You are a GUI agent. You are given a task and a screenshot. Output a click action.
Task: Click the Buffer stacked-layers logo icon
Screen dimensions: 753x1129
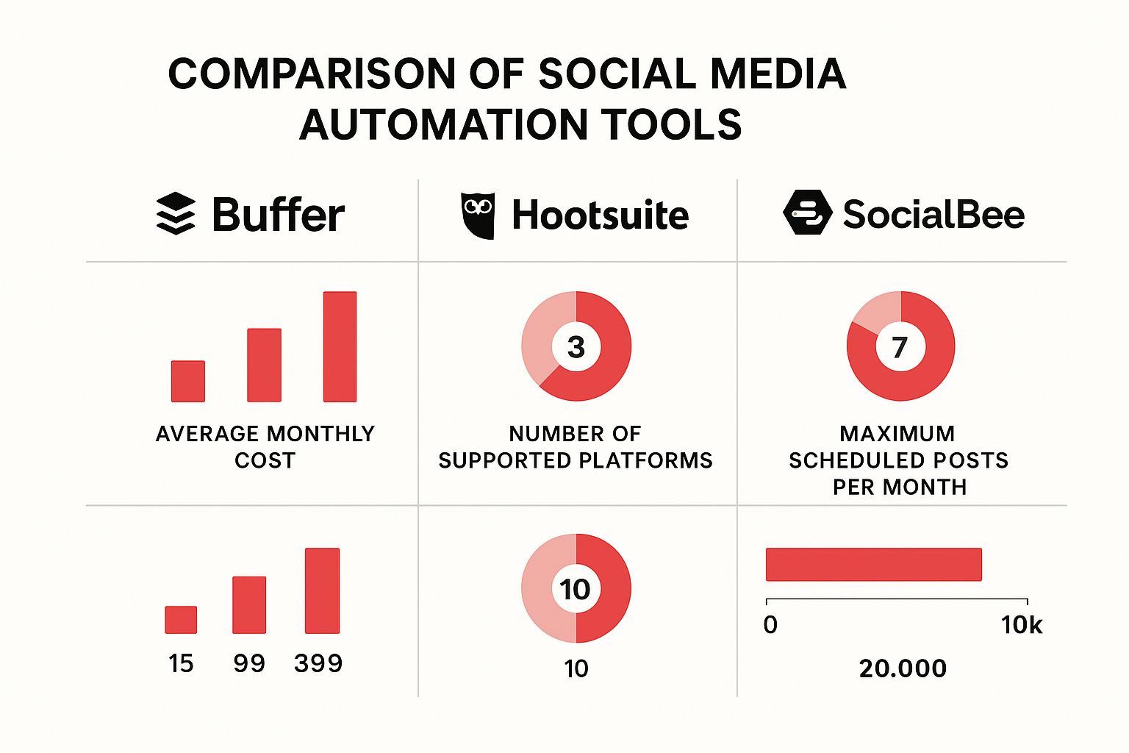176,214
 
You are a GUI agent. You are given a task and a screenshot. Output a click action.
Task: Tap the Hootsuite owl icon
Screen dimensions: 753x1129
478,215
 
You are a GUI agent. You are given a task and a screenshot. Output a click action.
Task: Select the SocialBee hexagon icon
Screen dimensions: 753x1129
807,213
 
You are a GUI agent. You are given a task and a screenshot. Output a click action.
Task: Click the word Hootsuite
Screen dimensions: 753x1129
600,215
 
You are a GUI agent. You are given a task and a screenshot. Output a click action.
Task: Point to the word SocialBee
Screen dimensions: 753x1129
933,215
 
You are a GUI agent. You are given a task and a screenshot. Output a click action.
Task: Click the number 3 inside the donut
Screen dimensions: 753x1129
576,347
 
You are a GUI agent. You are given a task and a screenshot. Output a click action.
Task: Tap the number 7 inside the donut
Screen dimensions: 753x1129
900,347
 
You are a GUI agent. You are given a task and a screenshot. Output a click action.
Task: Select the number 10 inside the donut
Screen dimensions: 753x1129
575,589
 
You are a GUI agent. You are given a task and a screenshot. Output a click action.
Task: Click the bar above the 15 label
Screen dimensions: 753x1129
181,620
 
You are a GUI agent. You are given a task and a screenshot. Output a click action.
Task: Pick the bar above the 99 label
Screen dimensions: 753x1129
249,605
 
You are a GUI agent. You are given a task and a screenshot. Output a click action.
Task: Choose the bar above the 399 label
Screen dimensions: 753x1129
322,590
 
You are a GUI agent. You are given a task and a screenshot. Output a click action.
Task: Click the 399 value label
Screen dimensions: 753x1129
318,663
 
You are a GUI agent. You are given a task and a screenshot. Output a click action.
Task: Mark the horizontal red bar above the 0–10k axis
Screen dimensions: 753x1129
873,565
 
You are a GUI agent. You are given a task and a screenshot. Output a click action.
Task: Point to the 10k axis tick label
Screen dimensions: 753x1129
1022,625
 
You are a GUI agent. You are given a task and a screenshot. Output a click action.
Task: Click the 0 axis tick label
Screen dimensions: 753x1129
770,625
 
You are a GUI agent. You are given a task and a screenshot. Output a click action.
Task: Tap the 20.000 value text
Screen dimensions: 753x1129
903,668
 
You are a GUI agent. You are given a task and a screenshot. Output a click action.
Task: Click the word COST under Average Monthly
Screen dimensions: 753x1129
265,460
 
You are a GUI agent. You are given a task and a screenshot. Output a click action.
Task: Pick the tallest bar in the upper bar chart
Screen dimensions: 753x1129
340,346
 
